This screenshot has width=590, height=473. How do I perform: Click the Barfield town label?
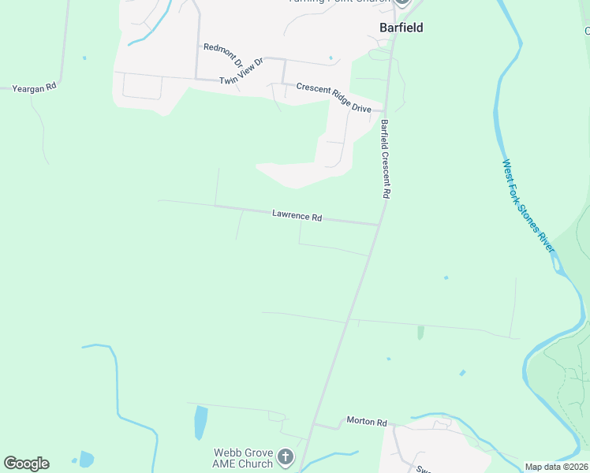401,28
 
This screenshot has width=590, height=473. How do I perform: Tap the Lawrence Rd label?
297,214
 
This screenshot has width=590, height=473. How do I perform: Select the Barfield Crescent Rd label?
386,158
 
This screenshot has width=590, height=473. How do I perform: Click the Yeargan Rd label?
34,88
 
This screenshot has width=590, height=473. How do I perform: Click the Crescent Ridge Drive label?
334,98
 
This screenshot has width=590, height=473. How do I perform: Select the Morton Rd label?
367,422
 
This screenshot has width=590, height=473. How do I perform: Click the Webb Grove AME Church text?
244,458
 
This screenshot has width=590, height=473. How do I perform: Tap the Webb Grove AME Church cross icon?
286,456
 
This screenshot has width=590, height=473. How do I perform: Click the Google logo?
26,464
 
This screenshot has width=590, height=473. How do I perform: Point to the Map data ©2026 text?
556,467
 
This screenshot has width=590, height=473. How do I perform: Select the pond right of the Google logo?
86,459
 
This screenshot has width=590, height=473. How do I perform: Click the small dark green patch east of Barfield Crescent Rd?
420,333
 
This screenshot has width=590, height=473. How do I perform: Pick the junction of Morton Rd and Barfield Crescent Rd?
314,425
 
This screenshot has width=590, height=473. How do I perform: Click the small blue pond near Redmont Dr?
330,58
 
